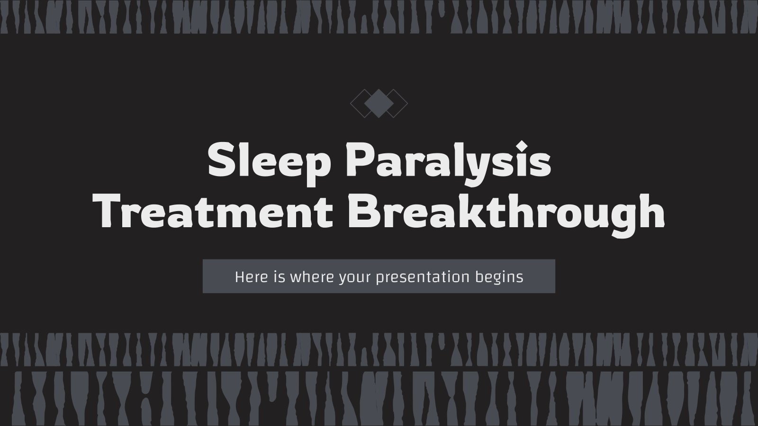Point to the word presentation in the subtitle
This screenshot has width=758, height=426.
(x=423, y=276)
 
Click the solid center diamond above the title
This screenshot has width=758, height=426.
(x=379, y=103)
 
